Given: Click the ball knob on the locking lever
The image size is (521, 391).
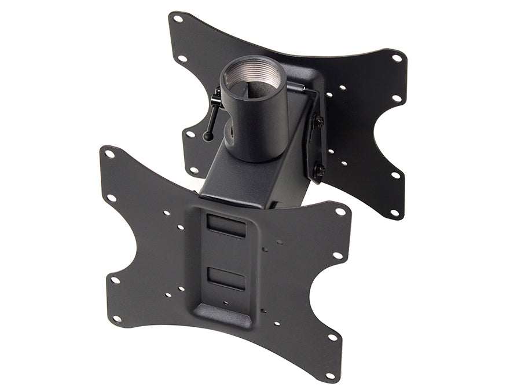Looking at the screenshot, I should coord(207,136).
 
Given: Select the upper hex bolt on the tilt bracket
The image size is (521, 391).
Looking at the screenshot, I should coord(318,122).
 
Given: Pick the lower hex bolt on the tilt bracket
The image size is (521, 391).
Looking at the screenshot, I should coord(318,170).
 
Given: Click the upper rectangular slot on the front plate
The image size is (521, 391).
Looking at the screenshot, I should coord(226,225).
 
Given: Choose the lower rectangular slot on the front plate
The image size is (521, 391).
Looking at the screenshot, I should coord(226,278).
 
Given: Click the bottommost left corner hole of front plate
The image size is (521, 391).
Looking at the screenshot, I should coord(118,319).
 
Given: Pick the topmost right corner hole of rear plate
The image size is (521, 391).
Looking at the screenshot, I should coord(397,58).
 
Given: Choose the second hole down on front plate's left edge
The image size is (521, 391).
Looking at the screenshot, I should coord(112,198).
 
